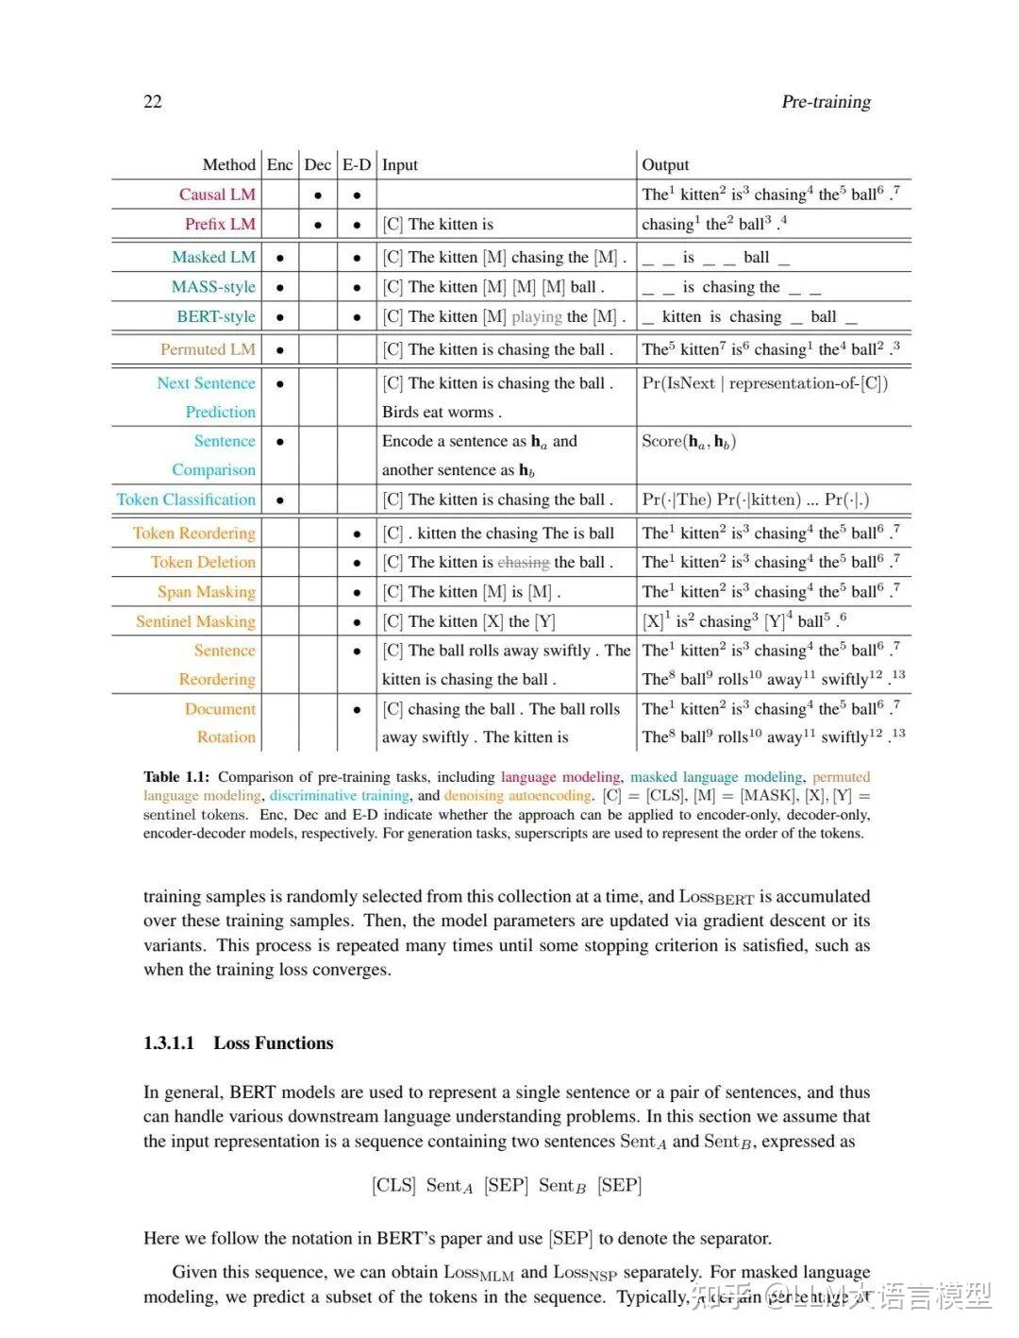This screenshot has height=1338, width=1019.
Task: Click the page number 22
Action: pos(153,102)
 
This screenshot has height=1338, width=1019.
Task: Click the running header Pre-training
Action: pos(826,102)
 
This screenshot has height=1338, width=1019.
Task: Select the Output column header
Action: pos(665,165)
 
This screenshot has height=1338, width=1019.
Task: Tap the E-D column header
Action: pos(357,165)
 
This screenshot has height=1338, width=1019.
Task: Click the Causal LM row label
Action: pos(217,195)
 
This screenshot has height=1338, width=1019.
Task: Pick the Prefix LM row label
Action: pos(220,224)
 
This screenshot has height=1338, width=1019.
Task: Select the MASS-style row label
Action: pos(213,287)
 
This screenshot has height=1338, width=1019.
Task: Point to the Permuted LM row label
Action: pos(208,349)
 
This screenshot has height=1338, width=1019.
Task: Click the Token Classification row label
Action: pos(186,500)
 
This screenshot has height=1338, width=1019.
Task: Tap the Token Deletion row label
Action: pos(203,562)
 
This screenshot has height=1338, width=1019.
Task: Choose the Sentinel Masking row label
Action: pos(195,621)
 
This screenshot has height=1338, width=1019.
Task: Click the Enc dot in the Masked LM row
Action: pos(280,258)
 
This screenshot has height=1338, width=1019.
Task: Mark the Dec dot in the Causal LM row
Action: pos(318,195)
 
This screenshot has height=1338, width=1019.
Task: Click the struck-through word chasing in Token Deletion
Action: pos(524,563)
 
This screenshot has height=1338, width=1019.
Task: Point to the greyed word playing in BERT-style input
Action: pos(537,317)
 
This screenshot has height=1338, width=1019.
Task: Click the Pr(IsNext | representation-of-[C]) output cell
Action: pos(764,383)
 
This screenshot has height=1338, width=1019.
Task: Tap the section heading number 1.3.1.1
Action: pos(169,1043)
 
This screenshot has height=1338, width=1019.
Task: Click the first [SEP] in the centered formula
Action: pos(506,1186)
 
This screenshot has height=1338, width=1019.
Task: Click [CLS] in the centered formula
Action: pos(393,1186)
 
